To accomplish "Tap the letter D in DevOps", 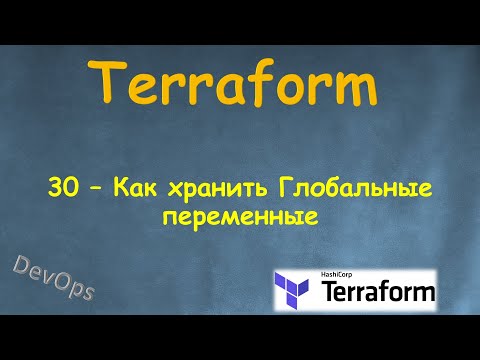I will click(x=21, y=267).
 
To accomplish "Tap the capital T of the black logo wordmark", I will click(x=330, y=294).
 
